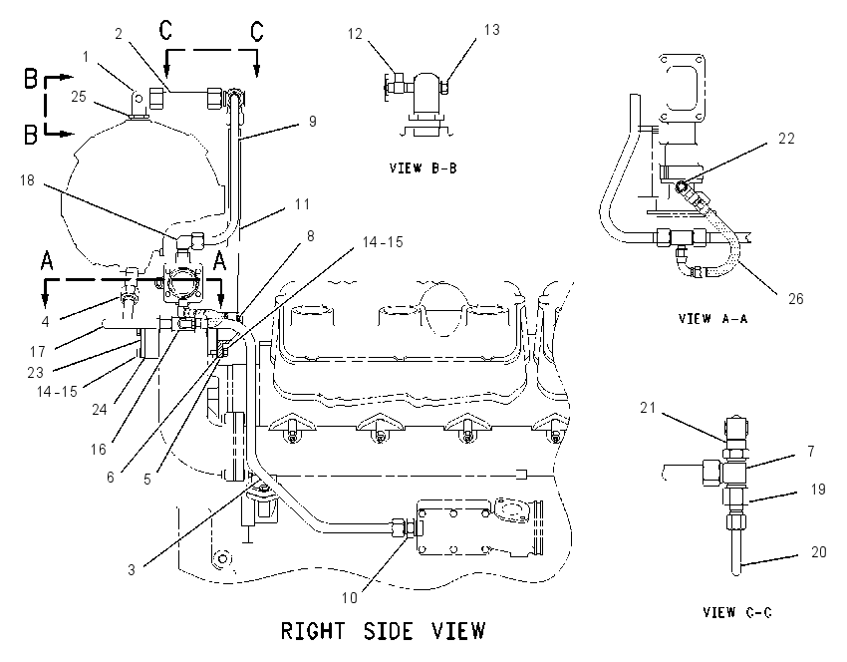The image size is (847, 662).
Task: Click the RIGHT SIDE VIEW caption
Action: [383, 631]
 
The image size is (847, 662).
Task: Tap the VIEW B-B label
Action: [423, 168]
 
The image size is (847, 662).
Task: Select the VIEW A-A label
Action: [713, 318]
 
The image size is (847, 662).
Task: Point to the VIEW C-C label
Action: [737, 612]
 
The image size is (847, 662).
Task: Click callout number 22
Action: [786, 139]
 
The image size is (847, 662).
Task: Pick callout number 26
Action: [796, 299]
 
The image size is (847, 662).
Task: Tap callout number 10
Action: [350, 597]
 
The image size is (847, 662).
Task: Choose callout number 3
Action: [132, 569]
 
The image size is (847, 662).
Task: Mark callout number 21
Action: [648, 408]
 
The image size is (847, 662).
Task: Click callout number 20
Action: [819, 551]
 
